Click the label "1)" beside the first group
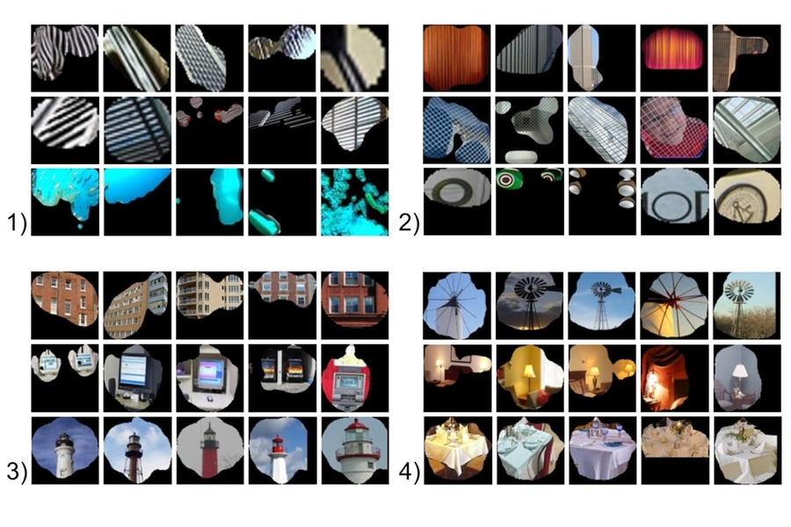(x=18, y=222)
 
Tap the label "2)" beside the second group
(x=409, y=222)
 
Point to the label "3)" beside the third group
(x=18, y=471)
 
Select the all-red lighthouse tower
(x=209, y=455)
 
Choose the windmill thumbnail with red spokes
(x=674, y=305)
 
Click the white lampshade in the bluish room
(x=739, y=372)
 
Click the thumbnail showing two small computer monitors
(x=64, y=361)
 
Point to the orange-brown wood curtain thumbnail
(x=455, y=57)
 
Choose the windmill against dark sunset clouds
(x=528, y=304)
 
